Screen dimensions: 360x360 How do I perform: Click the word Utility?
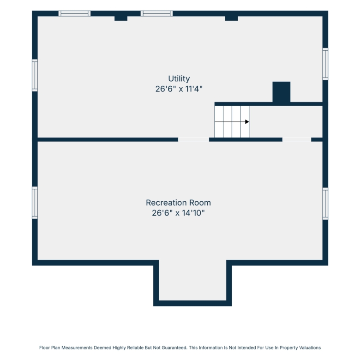tap(179, 79)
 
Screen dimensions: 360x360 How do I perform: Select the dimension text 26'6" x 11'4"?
tap(179, 89)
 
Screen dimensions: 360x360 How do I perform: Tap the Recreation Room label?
tap(179, 203)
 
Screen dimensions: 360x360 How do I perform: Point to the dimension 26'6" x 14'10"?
tap(179, 213)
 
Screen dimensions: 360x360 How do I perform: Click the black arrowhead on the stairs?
tap(247, 122)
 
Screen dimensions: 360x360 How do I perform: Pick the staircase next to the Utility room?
tap(232, 122)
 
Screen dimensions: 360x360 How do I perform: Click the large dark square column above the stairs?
tap(281, 92)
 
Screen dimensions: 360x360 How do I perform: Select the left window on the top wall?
tap(74, 13)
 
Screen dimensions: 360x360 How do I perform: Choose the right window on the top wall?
tap(156, 13)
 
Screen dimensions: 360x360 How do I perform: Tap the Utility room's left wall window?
tap(35, 75)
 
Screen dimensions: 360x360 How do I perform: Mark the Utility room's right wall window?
tap(325, 64)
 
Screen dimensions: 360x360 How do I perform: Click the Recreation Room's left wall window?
tap(35, 203)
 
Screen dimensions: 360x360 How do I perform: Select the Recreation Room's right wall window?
tap(325, 204)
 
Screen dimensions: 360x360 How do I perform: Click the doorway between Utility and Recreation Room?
tap(193, 139)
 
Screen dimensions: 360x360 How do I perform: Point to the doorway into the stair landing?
tap(297, 139)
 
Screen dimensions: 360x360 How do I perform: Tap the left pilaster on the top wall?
tap(121, 18)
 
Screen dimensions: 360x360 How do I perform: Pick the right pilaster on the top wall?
tap(231, 18)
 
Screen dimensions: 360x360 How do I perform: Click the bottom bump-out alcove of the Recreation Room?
tap(192, 280)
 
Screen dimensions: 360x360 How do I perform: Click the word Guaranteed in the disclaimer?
tap(174, 348)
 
